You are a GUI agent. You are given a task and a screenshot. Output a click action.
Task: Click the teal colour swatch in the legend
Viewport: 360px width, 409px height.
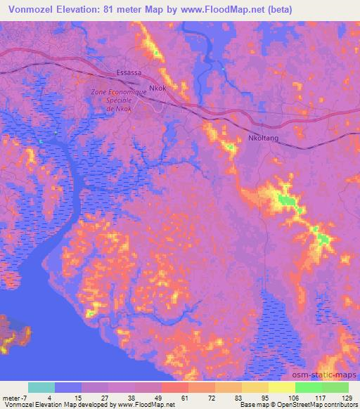(41, 387)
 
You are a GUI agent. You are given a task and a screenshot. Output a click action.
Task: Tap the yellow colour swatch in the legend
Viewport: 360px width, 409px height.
(281, 387)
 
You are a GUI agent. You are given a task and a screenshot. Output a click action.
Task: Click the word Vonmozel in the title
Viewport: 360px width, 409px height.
(26, 9)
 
